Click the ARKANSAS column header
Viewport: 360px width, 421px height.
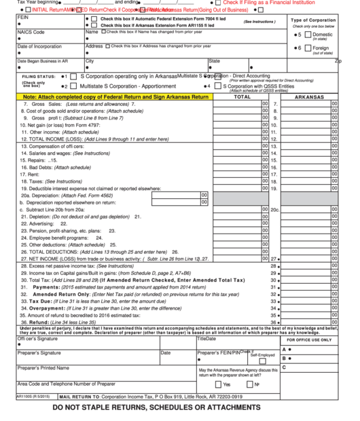tap(310, 97)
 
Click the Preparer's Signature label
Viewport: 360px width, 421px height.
tap(43, 353)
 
